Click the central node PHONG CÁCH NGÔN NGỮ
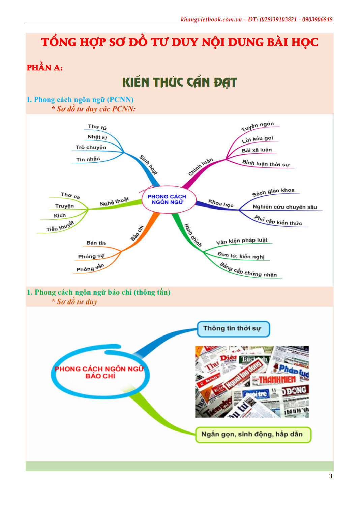tap(167, 199)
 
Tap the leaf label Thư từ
tap(97, 127)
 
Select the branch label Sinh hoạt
tap(148, 165)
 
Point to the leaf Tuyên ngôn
tap(258, 126)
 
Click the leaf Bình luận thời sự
tap(266, 163)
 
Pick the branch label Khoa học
tap(221, 203)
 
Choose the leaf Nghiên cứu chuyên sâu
tap(284, 207)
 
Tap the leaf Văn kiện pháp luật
tap(242, 241)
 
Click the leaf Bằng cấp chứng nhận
tap(248, 270)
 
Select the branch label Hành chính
tap(193, 235)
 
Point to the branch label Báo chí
tap(137, 233)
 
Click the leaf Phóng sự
tap(91, 256)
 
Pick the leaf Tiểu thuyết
tap(60, 227)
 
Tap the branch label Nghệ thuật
tap(114, 201)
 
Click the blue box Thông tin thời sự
tap(233, 329)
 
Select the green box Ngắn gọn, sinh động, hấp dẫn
tap(252, 434)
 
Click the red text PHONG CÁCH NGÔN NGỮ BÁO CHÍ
tap(100, 372)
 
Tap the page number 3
tap(330, 476)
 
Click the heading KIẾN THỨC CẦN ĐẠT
tap(180, 83)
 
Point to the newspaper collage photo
tap(252, 382)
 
